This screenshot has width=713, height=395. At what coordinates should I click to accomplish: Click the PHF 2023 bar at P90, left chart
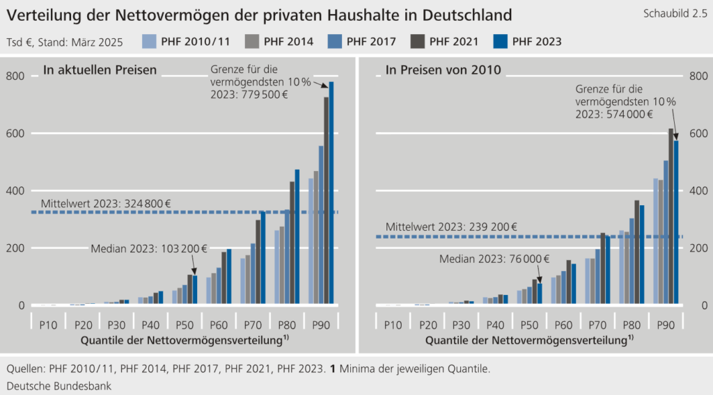(331, 195)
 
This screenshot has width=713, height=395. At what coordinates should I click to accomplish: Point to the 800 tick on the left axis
(15, 76)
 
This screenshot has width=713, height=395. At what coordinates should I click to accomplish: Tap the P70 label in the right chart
(597, 325)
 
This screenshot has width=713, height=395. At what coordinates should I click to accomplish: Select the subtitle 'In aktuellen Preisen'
(100, 70)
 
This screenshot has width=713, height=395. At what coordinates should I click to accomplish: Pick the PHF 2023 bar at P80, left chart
(297, 237)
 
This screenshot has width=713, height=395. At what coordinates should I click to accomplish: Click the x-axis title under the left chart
(185, 341)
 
